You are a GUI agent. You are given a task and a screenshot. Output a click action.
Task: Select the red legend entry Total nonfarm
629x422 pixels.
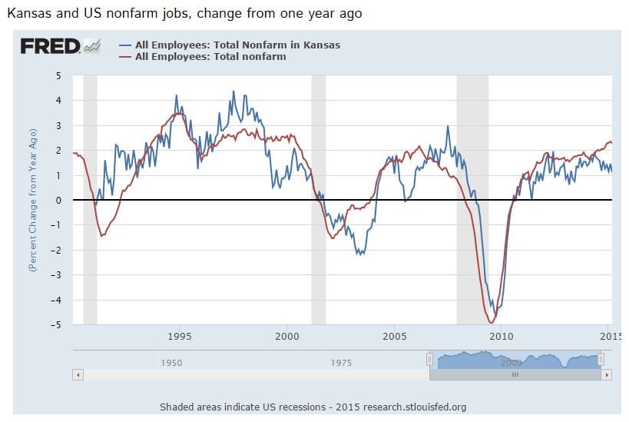click(210, 56)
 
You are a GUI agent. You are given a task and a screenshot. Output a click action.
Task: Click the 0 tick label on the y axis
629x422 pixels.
click(59, 200)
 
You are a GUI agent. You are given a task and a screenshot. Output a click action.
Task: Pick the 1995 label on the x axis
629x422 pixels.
click(180, 336)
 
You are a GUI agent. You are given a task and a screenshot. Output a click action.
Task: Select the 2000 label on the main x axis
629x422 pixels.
click(286, 336)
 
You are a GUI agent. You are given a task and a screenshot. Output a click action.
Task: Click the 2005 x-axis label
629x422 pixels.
click(394, 336)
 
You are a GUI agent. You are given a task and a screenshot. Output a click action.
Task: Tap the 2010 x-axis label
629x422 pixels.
click(501, 336)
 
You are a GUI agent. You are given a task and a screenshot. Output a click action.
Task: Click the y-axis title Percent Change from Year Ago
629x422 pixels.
click(33, 201)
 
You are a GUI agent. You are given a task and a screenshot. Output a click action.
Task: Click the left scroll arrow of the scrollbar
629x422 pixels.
click(77, 375)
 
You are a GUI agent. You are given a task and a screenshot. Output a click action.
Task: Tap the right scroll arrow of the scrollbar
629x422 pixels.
click(606, 375)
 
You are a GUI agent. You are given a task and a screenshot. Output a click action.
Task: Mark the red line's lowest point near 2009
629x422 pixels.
click(491, 322)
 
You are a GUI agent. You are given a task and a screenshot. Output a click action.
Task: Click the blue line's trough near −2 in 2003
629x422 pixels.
click(360, 254)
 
